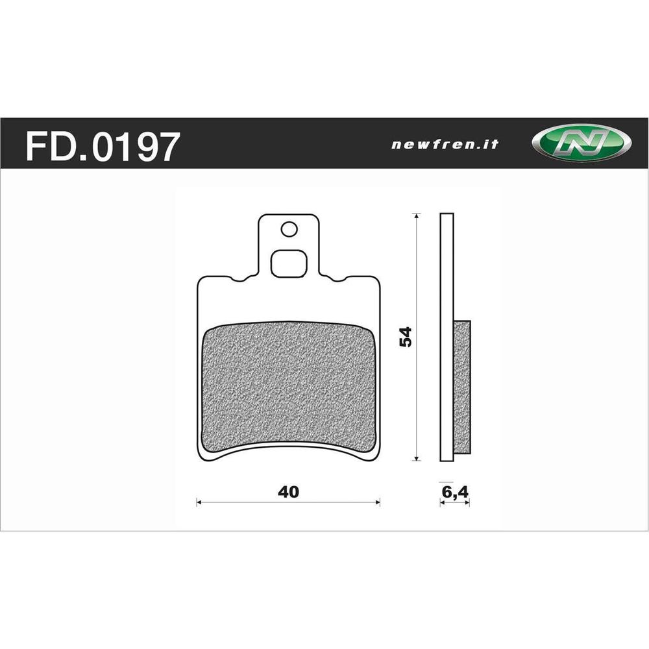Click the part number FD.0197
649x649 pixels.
point(101,146)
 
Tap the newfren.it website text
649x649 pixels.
point(445,145)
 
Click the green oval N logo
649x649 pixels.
point(580,143)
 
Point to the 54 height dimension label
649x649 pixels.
point(406,337)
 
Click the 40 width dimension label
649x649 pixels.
point(288,491)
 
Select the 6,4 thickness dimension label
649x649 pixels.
point(455,491)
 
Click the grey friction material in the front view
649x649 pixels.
point(289,386)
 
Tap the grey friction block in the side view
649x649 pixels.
point(461,386)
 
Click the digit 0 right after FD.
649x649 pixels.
point(106,146)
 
